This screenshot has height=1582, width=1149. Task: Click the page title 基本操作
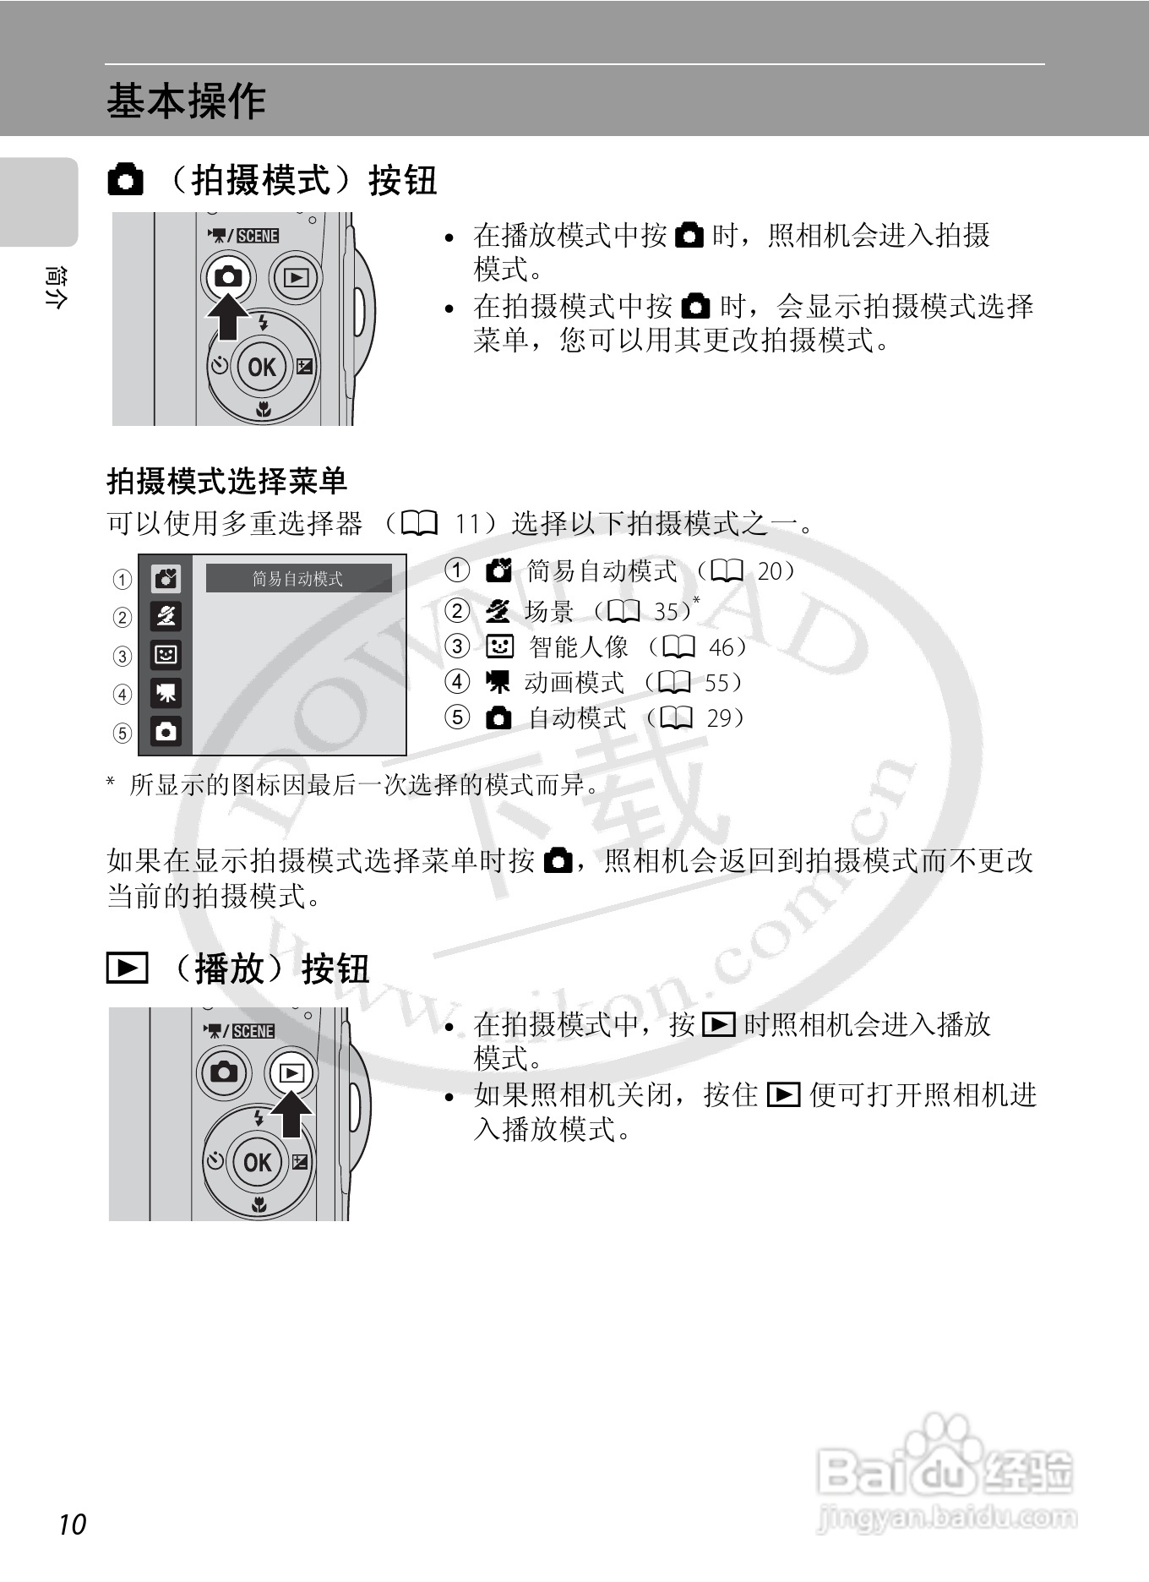point(186,101)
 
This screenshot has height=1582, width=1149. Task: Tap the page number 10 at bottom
point(73,1524)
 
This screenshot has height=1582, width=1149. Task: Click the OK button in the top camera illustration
point(261,367)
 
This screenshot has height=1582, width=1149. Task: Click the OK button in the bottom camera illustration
point(257,1163)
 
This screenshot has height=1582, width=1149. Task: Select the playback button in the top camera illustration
point(296,277)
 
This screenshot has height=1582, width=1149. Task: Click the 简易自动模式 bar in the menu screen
point(298,579)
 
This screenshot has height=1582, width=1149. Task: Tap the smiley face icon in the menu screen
point(166,654)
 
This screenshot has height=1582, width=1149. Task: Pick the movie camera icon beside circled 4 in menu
point(166,693)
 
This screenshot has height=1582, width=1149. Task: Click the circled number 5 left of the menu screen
point(123,733)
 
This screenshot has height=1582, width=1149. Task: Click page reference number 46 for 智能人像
point(722,647)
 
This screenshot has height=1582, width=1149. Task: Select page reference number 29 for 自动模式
point(719,718)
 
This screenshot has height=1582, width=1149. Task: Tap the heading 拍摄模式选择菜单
point(226,482)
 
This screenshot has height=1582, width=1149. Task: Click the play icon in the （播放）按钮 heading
point(127,968)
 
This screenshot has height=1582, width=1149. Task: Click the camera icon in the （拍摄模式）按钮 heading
point(126,181)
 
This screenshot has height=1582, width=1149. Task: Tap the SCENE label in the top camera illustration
point(257,236)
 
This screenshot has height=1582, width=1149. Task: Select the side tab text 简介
point(54,287)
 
